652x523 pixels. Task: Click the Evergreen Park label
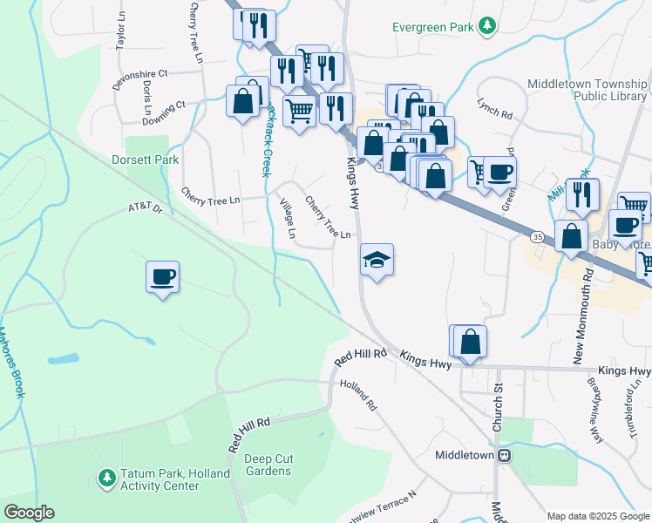click(x=432, y=27)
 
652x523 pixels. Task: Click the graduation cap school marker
click(x=377, y=260)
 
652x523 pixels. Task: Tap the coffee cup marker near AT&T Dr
click(x=162, y=277)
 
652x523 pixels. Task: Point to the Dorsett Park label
click(x=145, y=160)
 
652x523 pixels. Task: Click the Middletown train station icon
click(x=504, y=456)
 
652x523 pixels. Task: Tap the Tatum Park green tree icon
click(x=106, y=478)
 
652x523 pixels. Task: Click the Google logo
click(x=29, y=513)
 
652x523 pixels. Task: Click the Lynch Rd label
click(x=494, y=105)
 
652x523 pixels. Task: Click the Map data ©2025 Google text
click(x=598, y=515)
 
